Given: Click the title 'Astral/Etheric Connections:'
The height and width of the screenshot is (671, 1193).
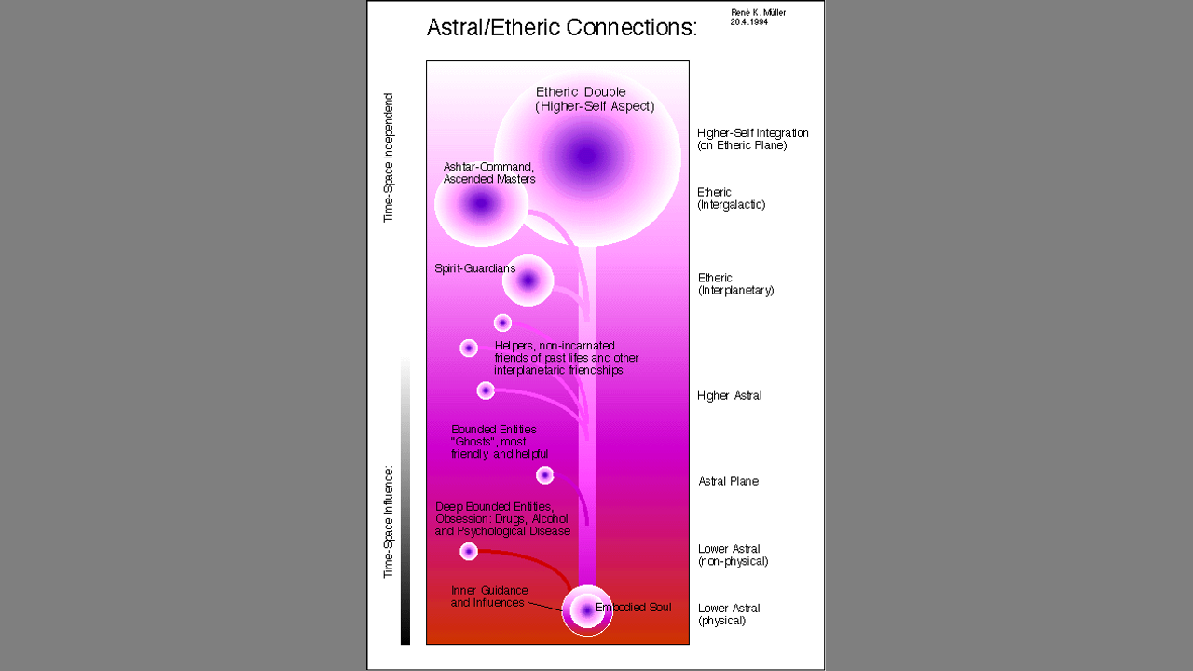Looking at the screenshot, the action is click(x=562, y=28).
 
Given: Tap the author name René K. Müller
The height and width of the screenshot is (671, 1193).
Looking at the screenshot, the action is click(x=758, y=13).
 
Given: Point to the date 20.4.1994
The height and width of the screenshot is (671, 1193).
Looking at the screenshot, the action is click(x=748, y=22).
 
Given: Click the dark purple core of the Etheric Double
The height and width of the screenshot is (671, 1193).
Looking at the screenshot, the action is click(x=586, y=156).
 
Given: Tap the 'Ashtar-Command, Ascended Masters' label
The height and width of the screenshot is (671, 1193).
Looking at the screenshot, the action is click(x=489, y=173).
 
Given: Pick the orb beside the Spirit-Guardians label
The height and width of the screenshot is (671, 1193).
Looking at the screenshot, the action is click(x=528, y=281).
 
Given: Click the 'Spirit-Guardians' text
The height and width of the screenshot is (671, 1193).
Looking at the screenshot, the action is click(x=475, y=268).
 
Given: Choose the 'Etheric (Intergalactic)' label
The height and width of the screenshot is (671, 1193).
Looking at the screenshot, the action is click(x=732, y=199).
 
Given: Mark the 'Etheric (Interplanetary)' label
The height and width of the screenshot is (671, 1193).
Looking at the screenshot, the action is click(x=736, y=284).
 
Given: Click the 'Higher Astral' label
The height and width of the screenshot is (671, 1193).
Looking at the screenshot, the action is click(x=730, y=396).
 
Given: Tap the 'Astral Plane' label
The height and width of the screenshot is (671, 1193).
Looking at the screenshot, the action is click(x=729, y=482).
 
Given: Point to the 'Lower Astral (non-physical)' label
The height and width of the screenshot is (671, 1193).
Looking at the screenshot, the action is click(x=734, y=555).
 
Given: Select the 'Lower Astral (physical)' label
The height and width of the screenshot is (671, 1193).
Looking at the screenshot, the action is click(x=729, y=614).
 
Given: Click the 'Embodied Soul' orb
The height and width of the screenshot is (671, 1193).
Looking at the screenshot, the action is click(x=587, y=610).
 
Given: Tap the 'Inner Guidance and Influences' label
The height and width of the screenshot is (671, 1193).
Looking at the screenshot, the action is click(x=489, y=596).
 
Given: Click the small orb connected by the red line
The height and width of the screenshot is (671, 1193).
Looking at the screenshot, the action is click(x=469, y=551).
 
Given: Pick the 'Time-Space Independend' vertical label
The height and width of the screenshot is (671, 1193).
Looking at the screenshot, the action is click(x=389, y=157).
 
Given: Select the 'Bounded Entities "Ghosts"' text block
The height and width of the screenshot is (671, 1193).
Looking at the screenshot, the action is click(x=500, y=442).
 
